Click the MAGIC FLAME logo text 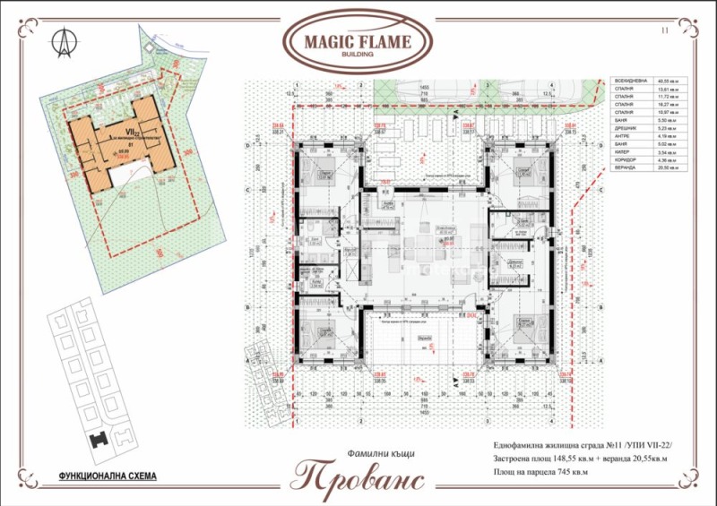coord(358,41)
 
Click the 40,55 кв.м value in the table coord(667,81)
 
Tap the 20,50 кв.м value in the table coord(667,168)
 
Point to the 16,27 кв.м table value coord(667,105)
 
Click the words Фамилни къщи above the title coord(358,453)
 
